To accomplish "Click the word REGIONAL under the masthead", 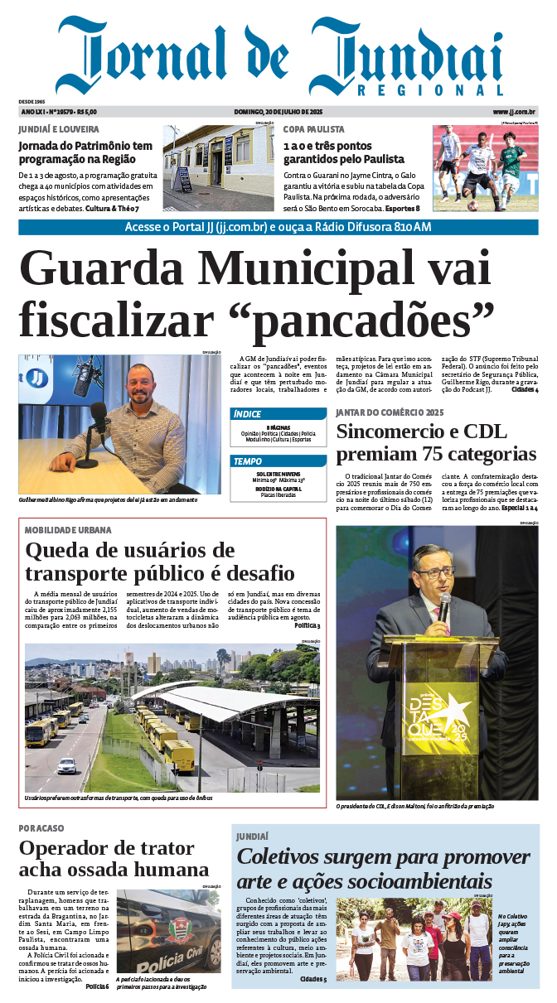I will click(x=431, y=91).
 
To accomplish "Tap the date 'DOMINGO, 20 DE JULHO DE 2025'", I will click(x=278, y=112).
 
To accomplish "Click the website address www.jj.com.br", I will click(x=515, y=112).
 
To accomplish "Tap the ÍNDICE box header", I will click(x=248, y=414).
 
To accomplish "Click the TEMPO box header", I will click(x=248, y=461).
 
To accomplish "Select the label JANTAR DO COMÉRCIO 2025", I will click(x=390, y=412).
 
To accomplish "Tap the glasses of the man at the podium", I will click(x=433, y=573).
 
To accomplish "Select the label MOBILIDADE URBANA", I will click(x=68, y=530).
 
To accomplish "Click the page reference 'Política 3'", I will click(x=307, y=625).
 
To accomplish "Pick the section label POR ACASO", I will click(x=41, y=828).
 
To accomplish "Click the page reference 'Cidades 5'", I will click(x=313, y=980).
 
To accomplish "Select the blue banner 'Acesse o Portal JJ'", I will click(x=278, y=228).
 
